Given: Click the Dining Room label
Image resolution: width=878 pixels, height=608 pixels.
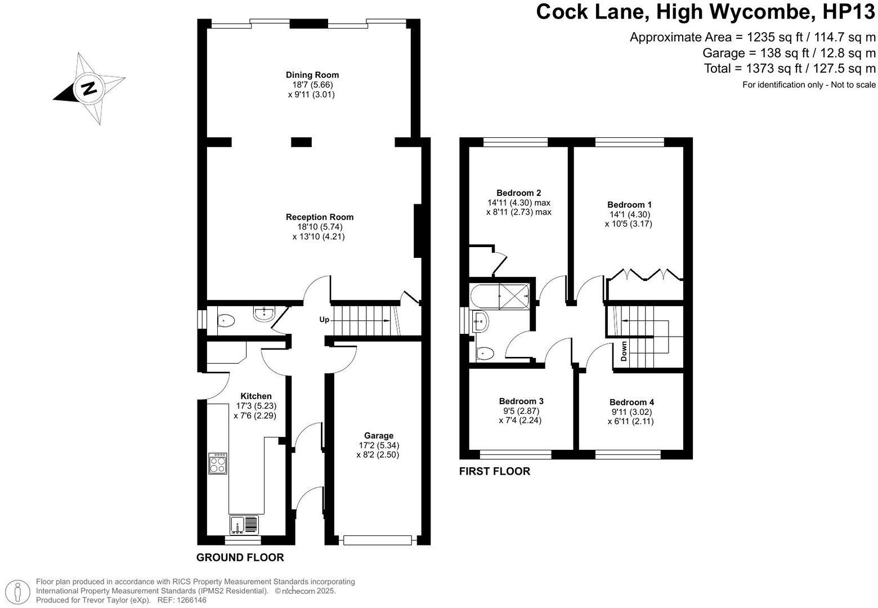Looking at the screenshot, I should tap(312, 75).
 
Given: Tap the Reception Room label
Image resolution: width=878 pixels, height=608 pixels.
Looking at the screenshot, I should tap(320, 217).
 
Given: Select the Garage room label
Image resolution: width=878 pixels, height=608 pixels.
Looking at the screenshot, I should tap(379, 435).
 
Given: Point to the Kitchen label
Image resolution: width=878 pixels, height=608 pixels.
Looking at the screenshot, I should tap(256, 396).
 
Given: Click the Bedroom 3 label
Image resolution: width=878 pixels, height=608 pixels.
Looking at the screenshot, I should tap(521, 401).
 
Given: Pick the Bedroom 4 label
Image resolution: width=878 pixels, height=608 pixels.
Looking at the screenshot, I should tap(631, 402).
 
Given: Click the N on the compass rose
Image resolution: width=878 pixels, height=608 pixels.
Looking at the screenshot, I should tap(88, 88).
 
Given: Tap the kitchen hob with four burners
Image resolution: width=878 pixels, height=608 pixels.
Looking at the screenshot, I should tap(218, 463).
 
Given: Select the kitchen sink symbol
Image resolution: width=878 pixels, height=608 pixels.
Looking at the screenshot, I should tap(244, 525).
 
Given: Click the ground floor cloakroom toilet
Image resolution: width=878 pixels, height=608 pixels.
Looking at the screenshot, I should tap(226, 321).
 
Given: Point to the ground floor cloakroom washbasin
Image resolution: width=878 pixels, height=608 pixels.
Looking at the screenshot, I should tap(263, 314).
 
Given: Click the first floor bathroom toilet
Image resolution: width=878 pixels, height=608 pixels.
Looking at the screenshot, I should tap(485, 353).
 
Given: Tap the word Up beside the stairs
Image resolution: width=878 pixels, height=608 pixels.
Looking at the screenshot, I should tap(324, 320).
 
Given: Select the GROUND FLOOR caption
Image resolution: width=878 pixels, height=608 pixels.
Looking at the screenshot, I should tap(240, 558).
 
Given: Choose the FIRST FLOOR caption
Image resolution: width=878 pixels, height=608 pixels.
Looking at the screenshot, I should tap(495, 472).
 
